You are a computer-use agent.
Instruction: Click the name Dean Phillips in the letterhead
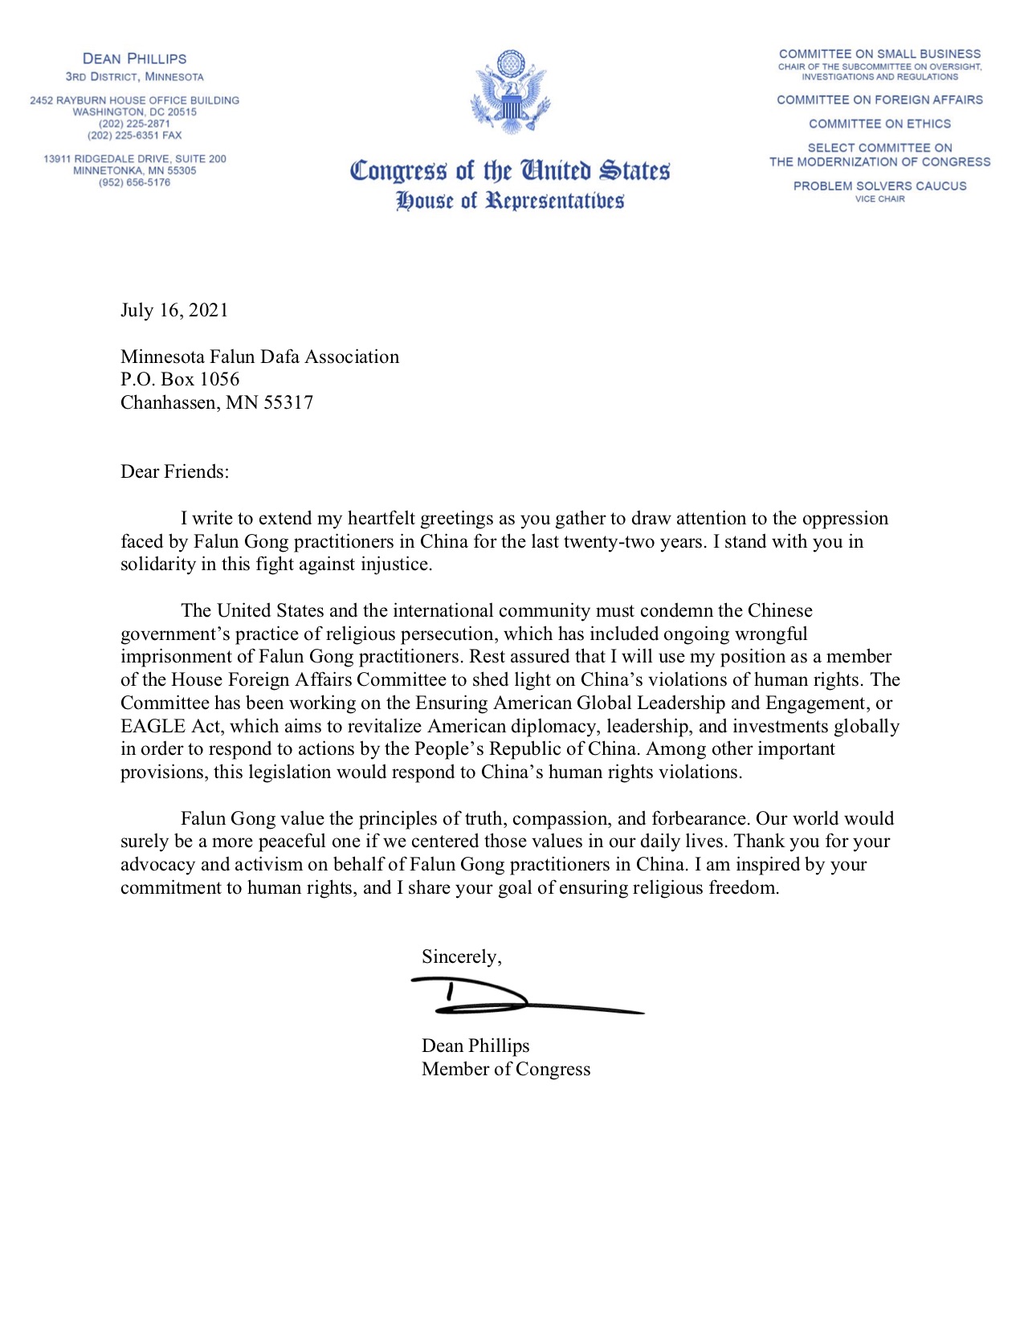click(134, 59)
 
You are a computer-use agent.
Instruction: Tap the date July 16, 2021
click(174, 311)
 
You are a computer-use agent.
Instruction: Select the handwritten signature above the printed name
click(514, 997)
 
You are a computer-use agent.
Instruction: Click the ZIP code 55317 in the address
click(288, 403)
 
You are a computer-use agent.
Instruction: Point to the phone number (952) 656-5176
click(134, 182)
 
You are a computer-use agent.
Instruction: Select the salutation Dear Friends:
click(174, 472)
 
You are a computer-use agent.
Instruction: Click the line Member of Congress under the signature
click(506, 1070)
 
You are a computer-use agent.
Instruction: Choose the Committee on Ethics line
click(879, 124)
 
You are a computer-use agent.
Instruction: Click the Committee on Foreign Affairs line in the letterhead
click(879, 100)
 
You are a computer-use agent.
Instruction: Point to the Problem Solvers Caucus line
click(879, 186)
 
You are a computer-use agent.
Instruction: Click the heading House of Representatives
click(510, 201)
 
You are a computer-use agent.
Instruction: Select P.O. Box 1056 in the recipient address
click(180, 380)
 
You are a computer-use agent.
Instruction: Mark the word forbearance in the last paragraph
click(700, 819)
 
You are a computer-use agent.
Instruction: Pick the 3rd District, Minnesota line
click(134, 77)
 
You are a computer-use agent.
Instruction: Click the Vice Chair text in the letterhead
click(879, 199)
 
